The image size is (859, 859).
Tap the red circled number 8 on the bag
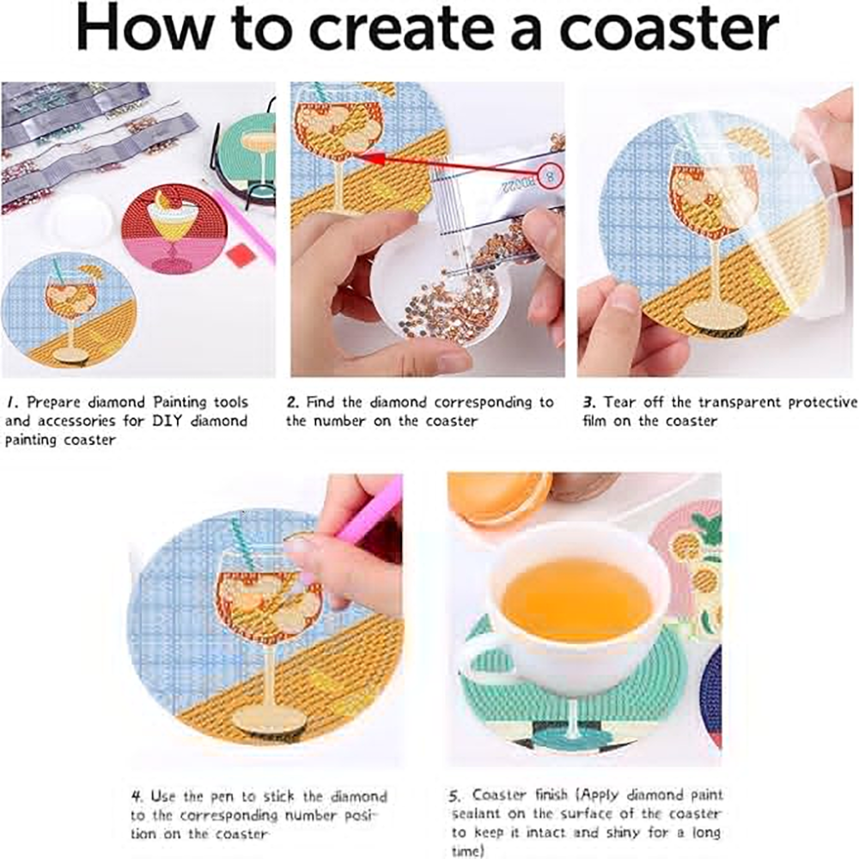(551, 176)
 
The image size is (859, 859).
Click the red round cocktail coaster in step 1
(168, 228)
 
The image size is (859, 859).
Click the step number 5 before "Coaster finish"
(454, 796)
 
